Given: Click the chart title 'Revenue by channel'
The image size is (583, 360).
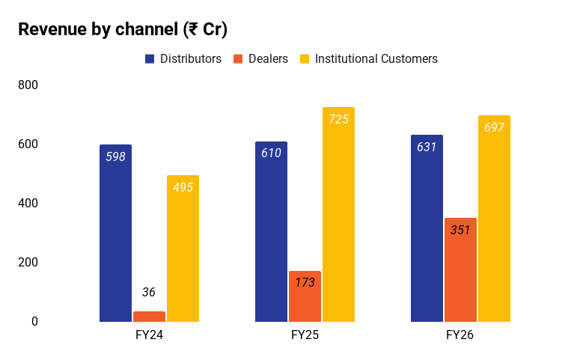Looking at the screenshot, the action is [98, 29].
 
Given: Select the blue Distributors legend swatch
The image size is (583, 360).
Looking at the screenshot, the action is [150, 59].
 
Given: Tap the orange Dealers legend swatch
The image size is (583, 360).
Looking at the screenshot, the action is [238, 59].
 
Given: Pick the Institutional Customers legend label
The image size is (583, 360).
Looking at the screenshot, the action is [376, 59].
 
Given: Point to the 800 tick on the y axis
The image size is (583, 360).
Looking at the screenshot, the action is [28, 85].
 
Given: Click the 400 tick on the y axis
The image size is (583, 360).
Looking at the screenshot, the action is [28, 203].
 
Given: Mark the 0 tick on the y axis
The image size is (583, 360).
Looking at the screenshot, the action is [34, 321].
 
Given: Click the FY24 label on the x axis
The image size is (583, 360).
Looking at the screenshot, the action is [149, 335].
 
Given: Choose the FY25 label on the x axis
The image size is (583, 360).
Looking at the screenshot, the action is [305, 335].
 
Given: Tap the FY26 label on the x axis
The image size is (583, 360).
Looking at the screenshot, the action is [460, 335].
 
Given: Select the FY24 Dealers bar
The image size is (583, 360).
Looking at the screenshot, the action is [149, 317].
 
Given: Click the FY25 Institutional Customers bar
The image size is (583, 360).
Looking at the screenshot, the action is [338, 215].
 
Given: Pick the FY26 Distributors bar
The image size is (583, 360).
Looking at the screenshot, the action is [427, 228].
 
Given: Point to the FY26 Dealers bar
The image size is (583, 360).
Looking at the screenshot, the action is [460, 270].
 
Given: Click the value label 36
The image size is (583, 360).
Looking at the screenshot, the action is [149, 293].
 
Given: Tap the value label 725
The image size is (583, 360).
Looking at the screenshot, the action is [339, 120].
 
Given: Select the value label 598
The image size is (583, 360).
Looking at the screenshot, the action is [116, 157].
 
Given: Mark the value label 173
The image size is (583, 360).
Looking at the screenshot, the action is [305, 283].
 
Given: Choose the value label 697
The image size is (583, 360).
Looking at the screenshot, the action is [495, 127].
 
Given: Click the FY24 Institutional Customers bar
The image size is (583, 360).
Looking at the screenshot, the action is [183, 248].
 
